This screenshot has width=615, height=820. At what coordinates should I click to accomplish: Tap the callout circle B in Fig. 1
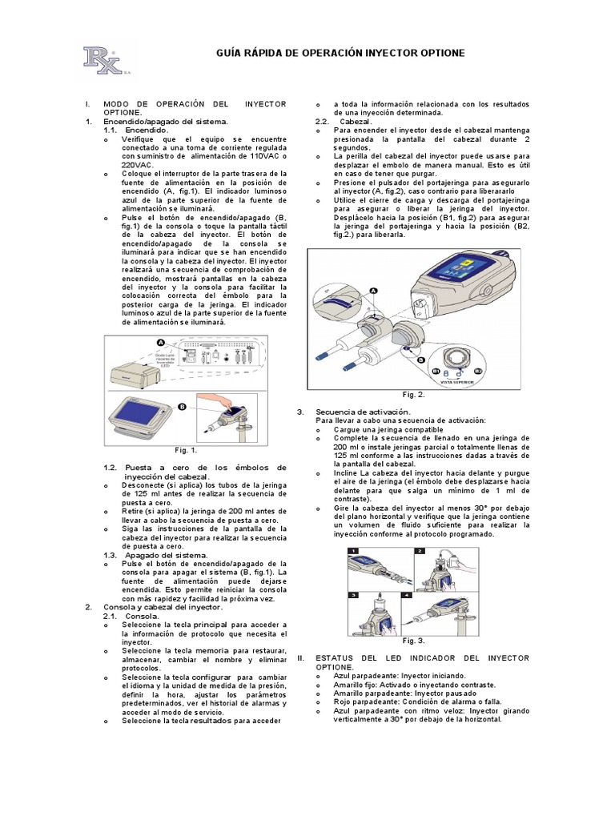tap(183, 407)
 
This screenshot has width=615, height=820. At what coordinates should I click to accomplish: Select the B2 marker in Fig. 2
tap(478, 372)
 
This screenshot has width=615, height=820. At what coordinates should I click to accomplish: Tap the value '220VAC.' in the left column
tap(138, 164)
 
